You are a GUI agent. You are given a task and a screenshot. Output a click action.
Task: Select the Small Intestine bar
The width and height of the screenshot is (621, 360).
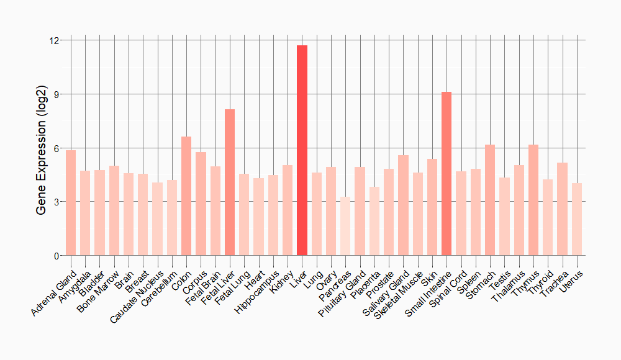446,174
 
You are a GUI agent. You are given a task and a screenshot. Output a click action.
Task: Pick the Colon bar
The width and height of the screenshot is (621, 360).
186,196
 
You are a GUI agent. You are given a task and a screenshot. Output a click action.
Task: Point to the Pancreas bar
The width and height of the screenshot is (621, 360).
345,227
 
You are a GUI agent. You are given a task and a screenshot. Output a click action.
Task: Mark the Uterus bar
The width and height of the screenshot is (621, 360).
577,220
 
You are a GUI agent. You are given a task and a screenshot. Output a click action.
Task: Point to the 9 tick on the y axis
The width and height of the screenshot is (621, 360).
57,94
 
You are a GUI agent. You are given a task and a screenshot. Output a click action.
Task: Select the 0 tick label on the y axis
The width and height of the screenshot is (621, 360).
57,256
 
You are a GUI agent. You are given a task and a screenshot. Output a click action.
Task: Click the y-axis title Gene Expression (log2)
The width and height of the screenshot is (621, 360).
42,148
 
